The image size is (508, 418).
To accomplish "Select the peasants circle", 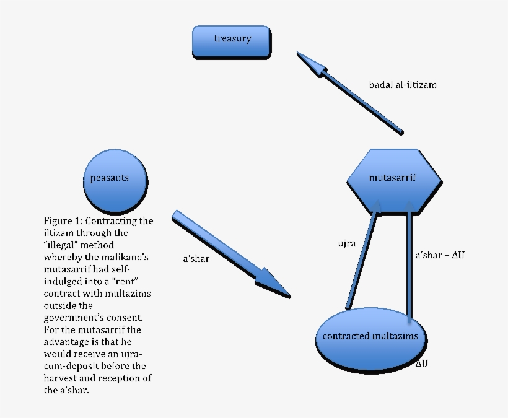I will (x=116, y=180).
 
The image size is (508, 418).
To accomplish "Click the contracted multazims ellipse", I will (x=371, y=336).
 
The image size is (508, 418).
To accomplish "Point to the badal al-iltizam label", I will (x=403, y=84).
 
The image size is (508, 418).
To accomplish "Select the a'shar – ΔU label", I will (x=440, y=255).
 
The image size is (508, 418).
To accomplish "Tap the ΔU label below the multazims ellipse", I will (x=421, y=363).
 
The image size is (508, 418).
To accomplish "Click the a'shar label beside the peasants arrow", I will (x=196, y=259).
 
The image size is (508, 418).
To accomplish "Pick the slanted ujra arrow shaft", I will (x=362, y=260).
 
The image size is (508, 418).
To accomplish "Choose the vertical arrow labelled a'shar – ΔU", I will (x=409, y=260).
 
